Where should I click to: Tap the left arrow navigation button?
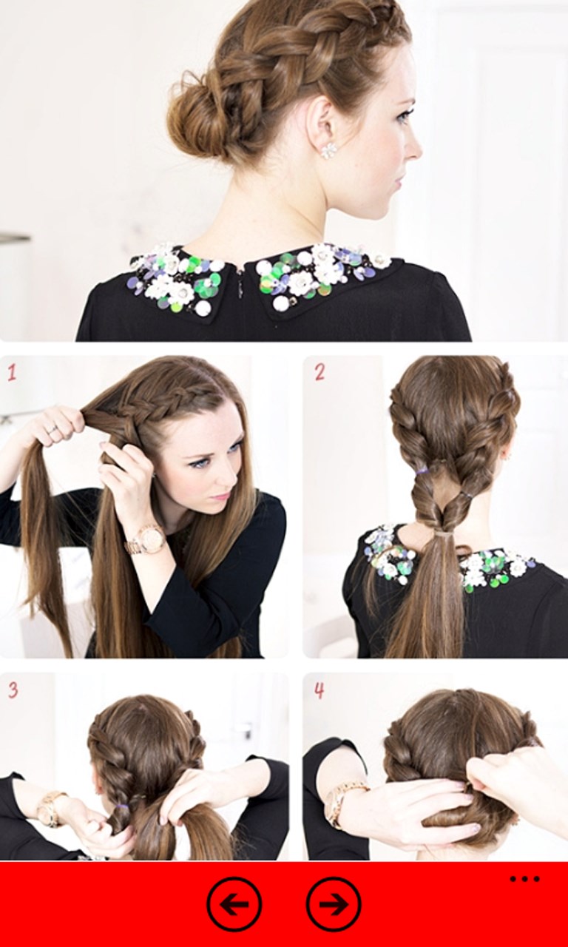(234, 904)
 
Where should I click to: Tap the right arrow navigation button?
(334, 904)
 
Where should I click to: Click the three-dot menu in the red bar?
(524, 877)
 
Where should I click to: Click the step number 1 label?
(11, 373)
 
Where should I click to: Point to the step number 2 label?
(319, 372)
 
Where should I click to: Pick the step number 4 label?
(319, 690)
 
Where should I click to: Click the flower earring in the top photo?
(328, 150)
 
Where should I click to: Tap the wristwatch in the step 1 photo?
(143, 540)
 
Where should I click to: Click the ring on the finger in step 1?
(52, 430)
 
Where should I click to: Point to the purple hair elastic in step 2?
(421, 470)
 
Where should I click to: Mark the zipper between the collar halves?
(240, 291)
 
